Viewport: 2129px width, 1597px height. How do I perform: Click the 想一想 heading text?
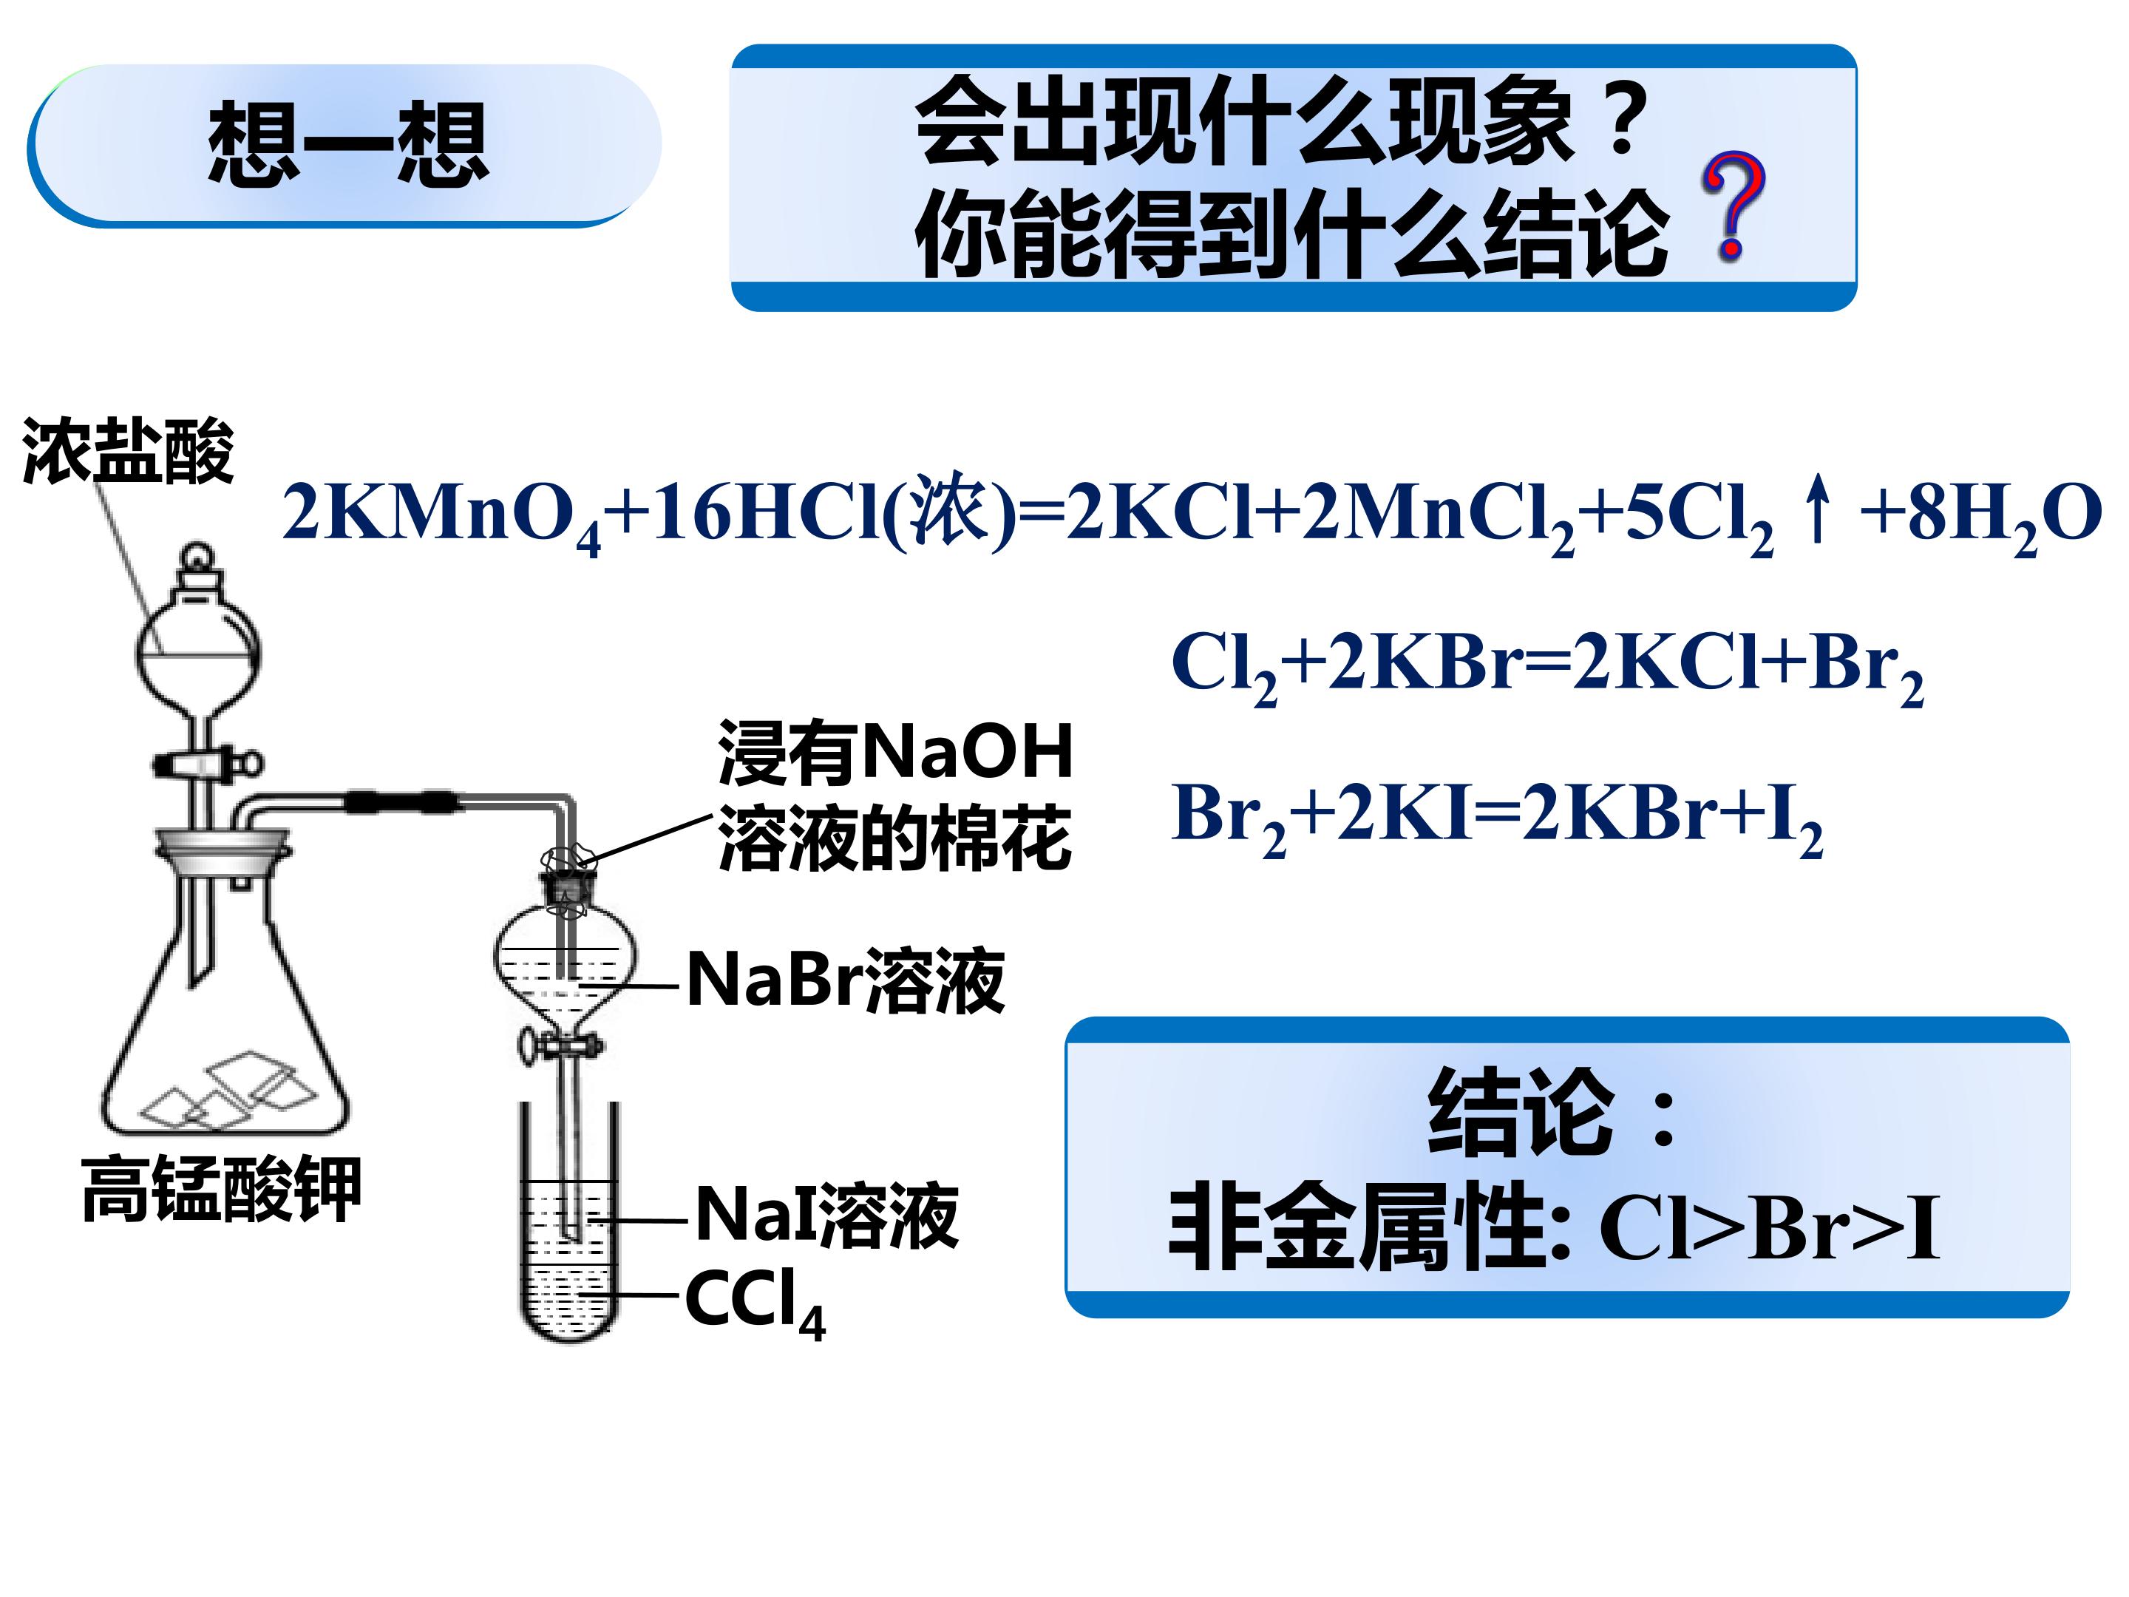point(348,143)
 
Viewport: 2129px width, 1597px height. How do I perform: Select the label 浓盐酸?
point(128,450)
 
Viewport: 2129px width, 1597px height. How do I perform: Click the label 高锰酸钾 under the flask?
point(221,1189)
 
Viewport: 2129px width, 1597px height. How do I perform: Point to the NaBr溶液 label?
point(846,981)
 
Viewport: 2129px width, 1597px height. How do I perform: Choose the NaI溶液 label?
point(826,1215)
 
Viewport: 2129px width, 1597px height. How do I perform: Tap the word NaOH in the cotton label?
point(967,752)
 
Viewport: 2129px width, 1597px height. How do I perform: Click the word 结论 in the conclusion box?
point(1521,1112)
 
